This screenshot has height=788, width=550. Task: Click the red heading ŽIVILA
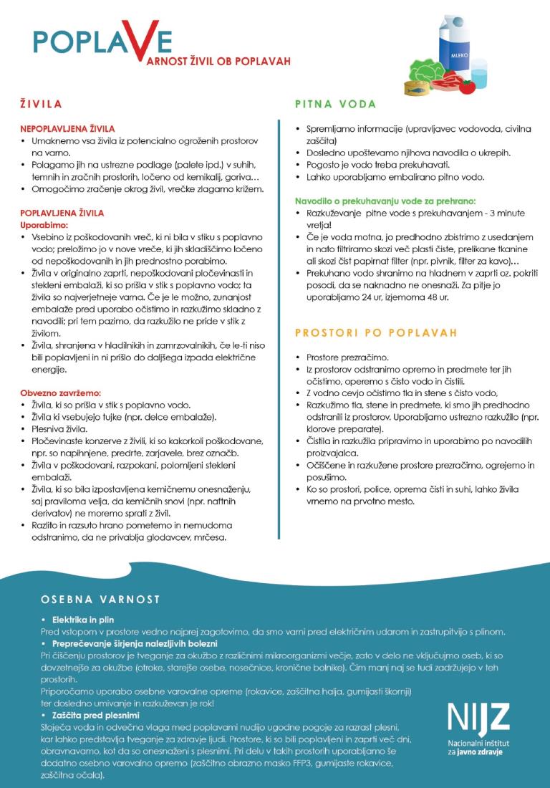pos(41,105)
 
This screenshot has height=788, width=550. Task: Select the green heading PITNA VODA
pos(335,105)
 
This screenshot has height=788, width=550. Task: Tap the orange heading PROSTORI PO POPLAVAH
pos(376,333)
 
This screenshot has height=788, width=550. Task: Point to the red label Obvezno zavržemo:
pos(60,393)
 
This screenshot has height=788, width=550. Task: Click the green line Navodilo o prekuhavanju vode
pos(385,201)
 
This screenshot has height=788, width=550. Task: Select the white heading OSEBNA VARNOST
pos(100,599)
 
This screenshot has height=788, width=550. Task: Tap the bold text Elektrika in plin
pos(83,619)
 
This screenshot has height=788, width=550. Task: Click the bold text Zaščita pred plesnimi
pos(95,716)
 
